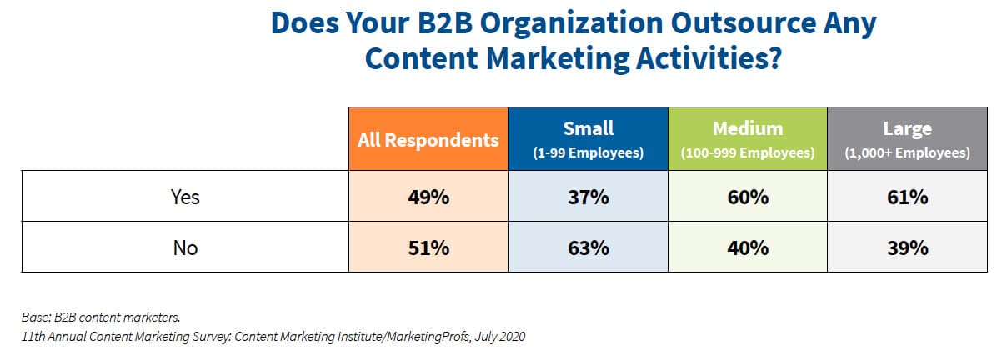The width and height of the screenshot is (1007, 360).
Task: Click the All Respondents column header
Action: click(428, 139)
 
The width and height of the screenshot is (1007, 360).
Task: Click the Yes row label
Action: click(185, 197)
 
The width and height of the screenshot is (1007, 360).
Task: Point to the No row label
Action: click(185, 247)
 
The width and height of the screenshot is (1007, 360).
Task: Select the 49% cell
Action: click(428, 197)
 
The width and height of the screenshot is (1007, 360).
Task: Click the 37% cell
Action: click(588, 197)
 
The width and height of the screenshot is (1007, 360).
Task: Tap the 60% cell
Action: click(747, 197)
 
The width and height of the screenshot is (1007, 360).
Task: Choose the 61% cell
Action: click(907, 197)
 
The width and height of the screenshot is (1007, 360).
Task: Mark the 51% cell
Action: click(428, 247)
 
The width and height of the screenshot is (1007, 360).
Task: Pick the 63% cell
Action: click(588, 247)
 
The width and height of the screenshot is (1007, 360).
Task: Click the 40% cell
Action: click(747, 247)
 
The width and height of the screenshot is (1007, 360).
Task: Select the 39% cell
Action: click(907, 247)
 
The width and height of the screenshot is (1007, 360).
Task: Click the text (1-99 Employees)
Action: click(588, 153)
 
